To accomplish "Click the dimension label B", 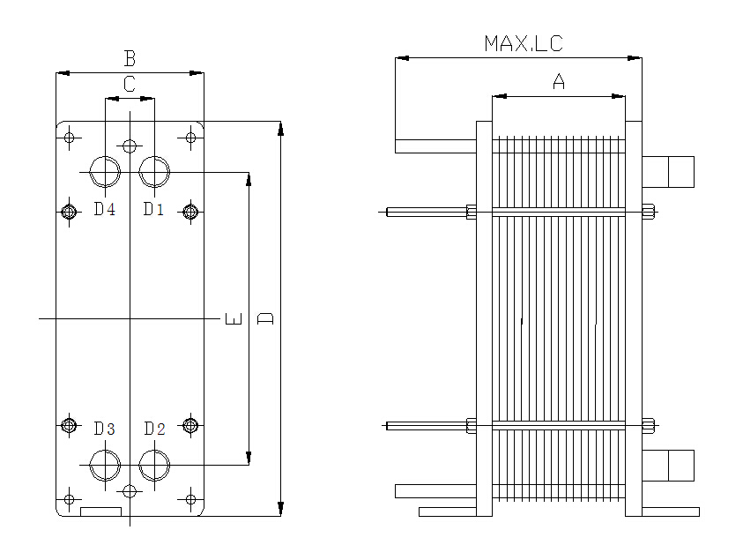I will tap(130, 59).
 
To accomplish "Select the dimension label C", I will tap(130, 85).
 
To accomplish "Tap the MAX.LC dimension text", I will tap(523, 43).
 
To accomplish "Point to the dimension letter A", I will tap(558, 82).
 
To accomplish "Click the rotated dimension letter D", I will tap(265, 317).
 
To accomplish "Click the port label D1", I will tap(154, 209).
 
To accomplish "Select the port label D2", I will tap(154, 429).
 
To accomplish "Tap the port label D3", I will tap(105, 429).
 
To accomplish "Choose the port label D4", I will tap(105, 209).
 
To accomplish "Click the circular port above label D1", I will tap(154, 171).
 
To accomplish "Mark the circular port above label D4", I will tap(105, 171).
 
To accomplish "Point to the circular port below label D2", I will tap(154, 464).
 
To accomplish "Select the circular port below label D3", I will tap(105, 464).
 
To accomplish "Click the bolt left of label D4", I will tap(69, 211).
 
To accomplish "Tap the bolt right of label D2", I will tap(189, 426).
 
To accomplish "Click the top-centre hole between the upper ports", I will tap(130, 146).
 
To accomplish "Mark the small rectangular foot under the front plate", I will tap(100, 511).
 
